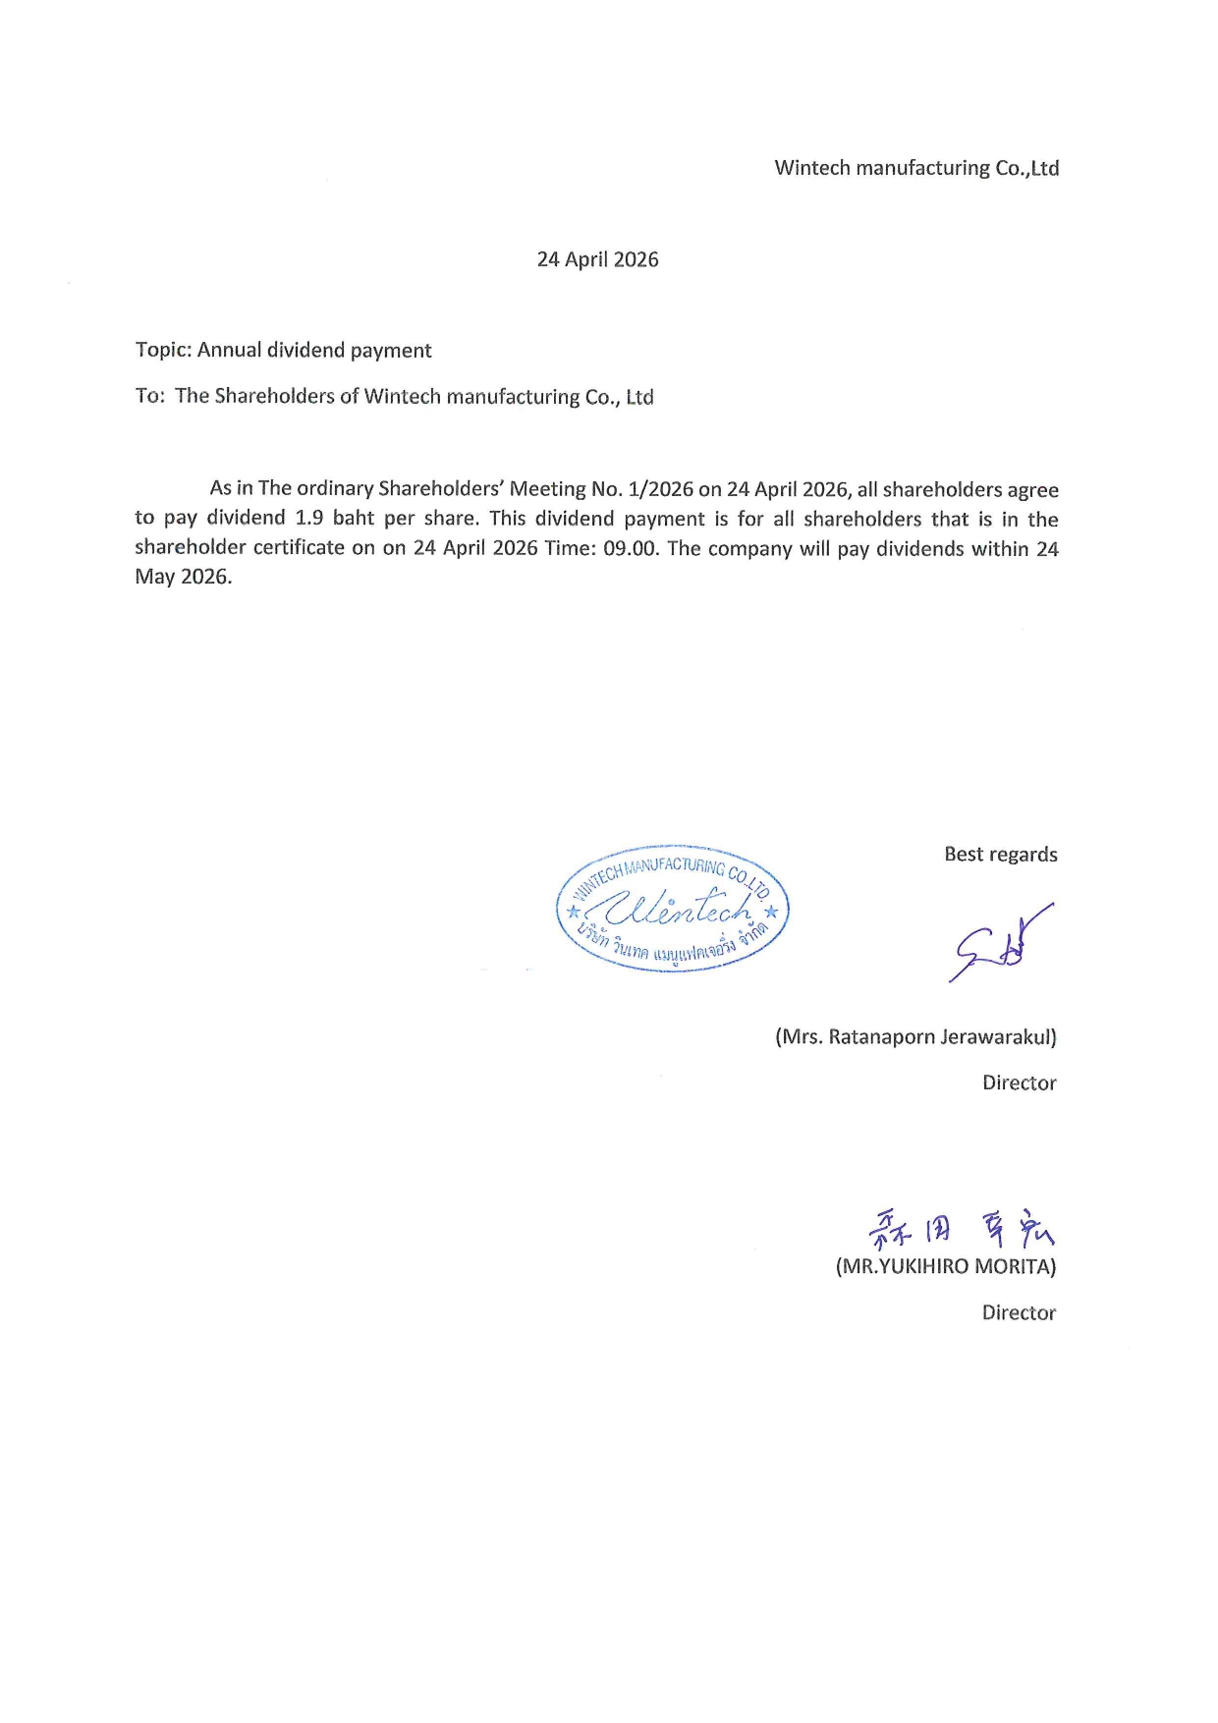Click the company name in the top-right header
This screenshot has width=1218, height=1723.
[x=916, y=168]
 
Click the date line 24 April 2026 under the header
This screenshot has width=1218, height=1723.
[x=597, y=259]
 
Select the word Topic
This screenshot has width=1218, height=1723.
[x=162, y=351]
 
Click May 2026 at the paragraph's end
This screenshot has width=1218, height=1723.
[x=183, y=577]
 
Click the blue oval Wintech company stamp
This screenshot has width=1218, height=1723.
[x=673, y=910]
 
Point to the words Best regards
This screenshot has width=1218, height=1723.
[x=1000, y=855]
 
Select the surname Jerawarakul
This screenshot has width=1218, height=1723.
[x=998, y=1037]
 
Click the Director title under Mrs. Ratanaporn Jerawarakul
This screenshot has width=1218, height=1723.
[x=1019, y=1084]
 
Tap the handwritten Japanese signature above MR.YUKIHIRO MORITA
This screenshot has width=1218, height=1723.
[x=961, y=1228]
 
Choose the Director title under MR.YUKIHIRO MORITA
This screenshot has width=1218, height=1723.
[x=1019, y=1313]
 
